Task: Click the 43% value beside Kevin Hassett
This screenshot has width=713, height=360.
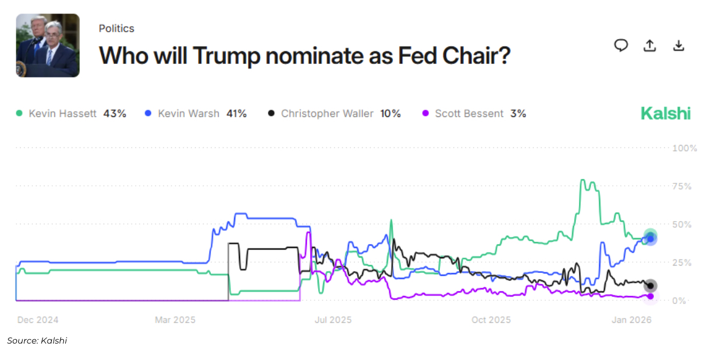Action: click(x=115, y=113)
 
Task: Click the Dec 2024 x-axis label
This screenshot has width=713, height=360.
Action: click(x=38, y=320)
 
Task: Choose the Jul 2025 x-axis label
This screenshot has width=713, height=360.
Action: click(x=333, y=320)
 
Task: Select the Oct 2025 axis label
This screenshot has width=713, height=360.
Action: click(x=491, y=320)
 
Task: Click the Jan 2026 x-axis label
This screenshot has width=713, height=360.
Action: click(x=631, y=320)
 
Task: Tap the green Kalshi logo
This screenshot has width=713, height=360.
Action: click(x=665, y=113)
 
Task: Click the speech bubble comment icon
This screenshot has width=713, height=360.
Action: click(x=621, y=46)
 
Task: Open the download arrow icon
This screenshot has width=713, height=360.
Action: click(x=679, y=46)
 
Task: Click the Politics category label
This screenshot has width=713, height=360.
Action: click(x=116, y=29)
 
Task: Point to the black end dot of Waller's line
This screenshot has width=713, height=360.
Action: click(x=650, y=286)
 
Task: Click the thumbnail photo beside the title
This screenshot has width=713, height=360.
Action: click(x=48, y=46)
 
